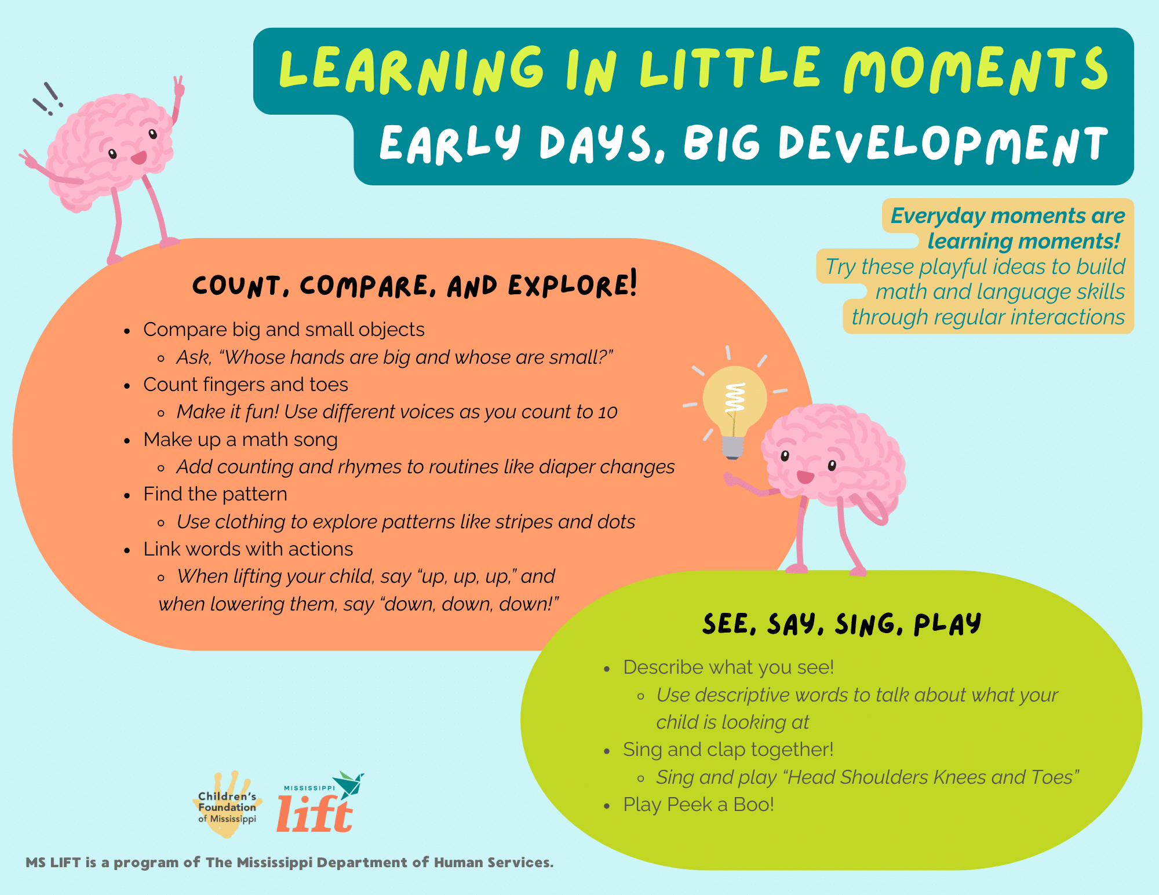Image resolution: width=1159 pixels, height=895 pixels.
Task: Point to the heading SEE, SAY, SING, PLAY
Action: point(841,624)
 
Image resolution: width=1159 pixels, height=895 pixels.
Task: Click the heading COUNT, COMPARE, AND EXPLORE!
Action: point(414,285)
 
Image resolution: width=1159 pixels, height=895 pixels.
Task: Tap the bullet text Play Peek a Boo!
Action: point(698,805)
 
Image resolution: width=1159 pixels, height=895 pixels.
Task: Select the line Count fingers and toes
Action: point(246,385)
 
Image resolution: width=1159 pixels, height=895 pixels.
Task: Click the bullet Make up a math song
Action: point(240,440)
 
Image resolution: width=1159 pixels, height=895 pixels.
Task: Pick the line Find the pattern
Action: point(215,494)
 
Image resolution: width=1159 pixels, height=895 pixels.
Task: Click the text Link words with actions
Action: point(248,549)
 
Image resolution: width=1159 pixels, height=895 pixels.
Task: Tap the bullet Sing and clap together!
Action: point(728,750)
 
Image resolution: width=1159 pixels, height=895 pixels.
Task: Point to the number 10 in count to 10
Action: point(607,412)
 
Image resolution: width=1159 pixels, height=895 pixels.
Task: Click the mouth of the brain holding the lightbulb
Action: point(805,477)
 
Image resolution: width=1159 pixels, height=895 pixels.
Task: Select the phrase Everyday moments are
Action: point(1007,215)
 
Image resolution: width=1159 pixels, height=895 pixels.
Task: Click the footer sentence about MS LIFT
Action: point(290,863)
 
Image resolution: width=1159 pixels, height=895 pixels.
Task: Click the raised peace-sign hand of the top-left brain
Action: point(178,87)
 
